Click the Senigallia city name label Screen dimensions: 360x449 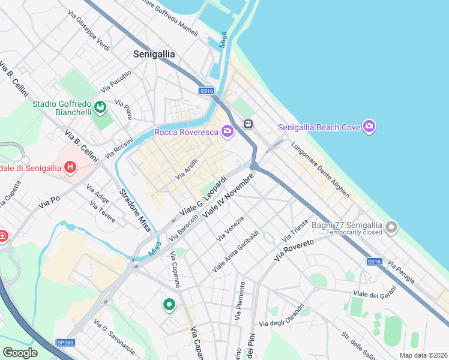coord(154,54)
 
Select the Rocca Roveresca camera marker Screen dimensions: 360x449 coord(227,131)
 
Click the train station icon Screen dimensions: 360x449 coord(247,123)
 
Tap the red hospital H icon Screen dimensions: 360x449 coord(70,167)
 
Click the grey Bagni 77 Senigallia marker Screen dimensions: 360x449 coord(392,227)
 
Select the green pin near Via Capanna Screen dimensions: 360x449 coord(169,304)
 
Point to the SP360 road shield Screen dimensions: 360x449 coord(65,342)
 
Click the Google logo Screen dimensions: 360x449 coord(20,353)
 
